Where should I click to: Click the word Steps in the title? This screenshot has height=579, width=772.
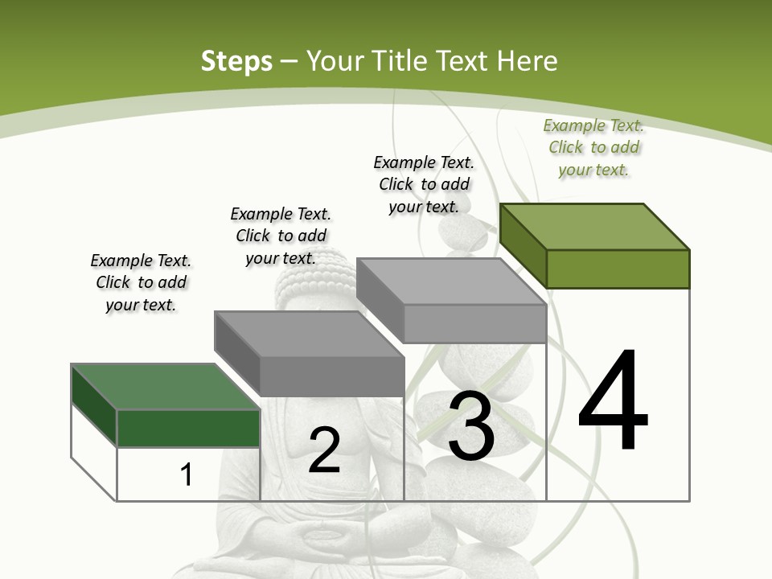pyautogui.click(x=236, y=61)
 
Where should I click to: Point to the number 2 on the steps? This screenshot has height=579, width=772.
pyautogui.click(x=324, y=450)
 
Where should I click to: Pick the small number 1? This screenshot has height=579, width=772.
pyautogui.click(x=187, y=474)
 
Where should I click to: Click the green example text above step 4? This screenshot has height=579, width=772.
pyautogui.click(x=593, y=148)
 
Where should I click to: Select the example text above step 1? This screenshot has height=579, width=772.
pyautogui.click(x=141, y=283)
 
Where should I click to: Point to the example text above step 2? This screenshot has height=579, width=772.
pyautogui.click(x=281, y=236)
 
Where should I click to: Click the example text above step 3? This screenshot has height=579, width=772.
pyautogui.click(x=424, y=185)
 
